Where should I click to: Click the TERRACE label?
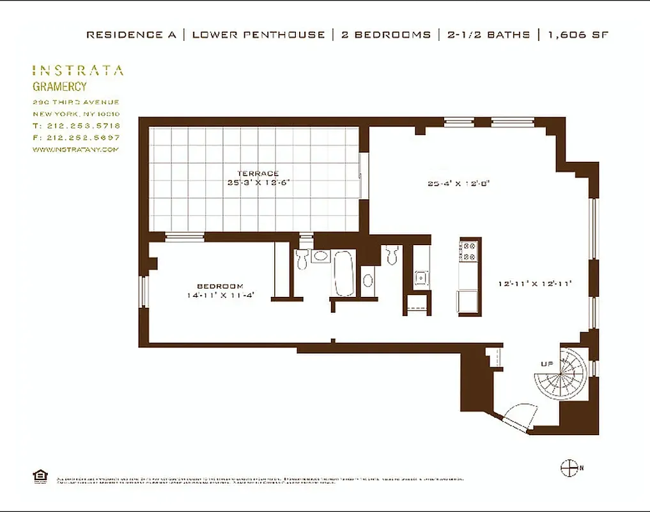coord(258,173)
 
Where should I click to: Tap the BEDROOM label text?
coord(220,286)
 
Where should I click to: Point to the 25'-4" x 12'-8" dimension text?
coord(458,184)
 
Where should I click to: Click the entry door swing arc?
coord(518,415)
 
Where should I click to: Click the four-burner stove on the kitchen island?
coord(470,250)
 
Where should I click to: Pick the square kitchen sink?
coord(421,278)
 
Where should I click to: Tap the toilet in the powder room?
coord(392,255)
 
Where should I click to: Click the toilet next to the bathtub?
coord(302,259)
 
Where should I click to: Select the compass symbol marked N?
coord(569,468)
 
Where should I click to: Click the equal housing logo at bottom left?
coord(40,476)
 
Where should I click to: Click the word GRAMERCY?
coord(59,86)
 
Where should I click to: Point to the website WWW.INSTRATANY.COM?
coord(75,149)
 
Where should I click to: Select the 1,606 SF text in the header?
coord(576,35)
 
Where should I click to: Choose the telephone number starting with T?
coord(76,125)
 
